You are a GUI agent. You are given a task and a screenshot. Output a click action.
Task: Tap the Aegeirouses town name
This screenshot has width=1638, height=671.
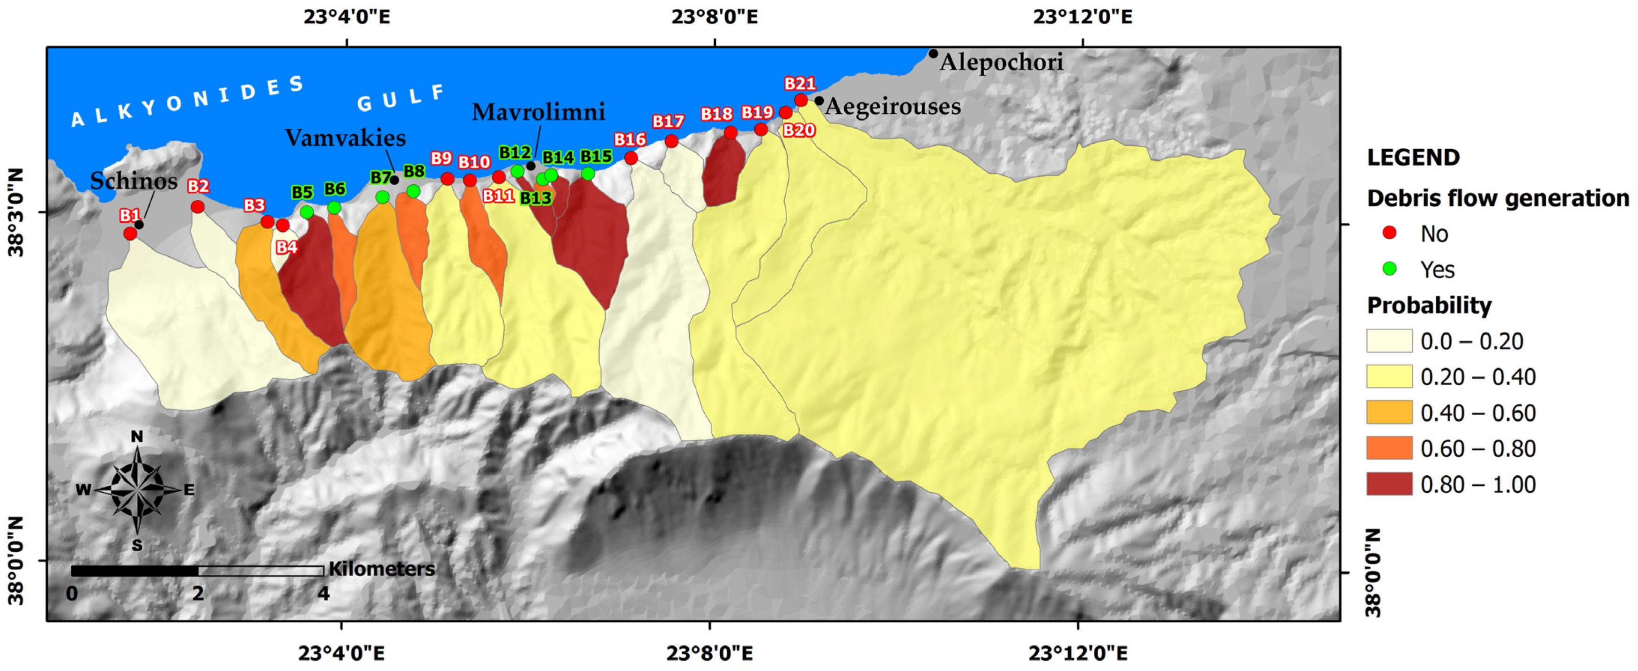[x=893, y=106]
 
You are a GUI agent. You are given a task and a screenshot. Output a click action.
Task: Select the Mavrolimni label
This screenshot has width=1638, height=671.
[x=538, y=112]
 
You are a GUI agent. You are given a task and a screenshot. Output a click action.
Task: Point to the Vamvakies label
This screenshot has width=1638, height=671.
[x=345, y=138]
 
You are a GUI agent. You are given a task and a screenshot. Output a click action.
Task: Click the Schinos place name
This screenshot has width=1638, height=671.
[x=133, y=181]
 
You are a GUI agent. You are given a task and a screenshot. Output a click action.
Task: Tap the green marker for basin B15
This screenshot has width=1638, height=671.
[x=588, y=174]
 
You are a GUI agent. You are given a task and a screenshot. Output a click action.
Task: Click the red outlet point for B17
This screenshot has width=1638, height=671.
[x=671, y=141]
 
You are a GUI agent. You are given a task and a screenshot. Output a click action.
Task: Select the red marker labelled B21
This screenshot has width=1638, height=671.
[x=801, y=100]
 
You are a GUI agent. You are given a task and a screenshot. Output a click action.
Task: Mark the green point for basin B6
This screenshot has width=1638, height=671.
[x=334, y=208]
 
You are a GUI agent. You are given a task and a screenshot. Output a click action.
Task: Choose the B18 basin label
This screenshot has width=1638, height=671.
[x=716, y=114]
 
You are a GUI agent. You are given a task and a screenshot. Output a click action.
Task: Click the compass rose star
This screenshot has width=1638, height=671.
[x=137, y=489]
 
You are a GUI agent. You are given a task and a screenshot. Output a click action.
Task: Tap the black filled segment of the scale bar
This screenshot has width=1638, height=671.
[x=134, y=570]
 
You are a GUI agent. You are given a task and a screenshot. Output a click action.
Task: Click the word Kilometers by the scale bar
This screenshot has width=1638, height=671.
[x=382, y=569]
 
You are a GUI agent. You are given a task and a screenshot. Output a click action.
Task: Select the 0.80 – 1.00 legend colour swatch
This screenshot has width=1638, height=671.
[x=1389, y=484]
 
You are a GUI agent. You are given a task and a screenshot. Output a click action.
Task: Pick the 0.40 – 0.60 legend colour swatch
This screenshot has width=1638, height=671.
[x=1389, y=412]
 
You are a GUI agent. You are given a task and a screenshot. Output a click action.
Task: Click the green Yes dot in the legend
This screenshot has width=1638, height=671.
[x=1389, y=269]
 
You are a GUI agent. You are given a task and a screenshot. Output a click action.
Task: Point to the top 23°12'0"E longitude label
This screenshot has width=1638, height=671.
[x=1082, y=16]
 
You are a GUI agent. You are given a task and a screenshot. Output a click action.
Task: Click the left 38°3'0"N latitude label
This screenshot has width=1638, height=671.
[x=17, y=212]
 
